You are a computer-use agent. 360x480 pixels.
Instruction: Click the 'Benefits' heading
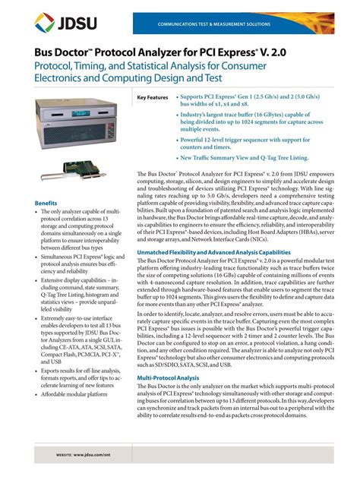click(47, 203)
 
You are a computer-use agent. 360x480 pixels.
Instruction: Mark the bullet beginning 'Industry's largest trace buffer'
click(240, 123)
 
